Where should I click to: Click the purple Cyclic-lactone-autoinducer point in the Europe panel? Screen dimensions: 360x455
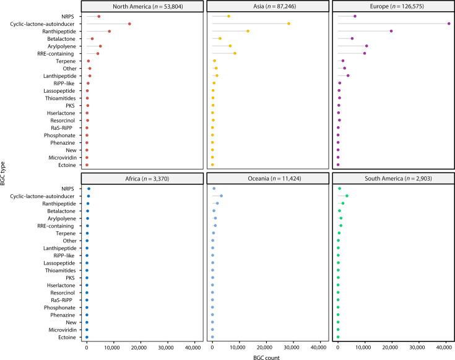[x=448, y=24]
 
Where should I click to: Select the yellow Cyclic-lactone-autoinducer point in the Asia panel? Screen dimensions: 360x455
[x=288, y=24]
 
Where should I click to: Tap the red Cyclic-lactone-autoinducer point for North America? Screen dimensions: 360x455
[x=129, y=24]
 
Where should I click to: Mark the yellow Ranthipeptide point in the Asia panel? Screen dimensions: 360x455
[x=248, y=31]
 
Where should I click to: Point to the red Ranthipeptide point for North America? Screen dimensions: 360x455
[x=110, y=31]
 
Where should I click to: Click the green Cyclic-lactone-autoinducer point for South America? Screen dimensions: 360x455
[x=347, y=196]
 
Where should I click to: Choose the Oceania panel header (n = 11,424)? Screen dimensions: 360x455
[x=267, y=178]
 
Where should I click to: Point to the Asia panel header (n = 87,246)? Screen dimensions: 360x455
[x=267, y=6]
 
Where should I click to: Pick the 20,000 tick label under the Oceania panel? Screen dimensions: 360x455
[x=266, y=346]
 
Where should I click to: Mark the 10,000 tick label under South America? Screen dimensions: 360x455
[x=365, y=346]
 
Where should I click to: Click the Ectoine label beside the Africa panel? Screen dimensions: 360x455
[x=66, y=338]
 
